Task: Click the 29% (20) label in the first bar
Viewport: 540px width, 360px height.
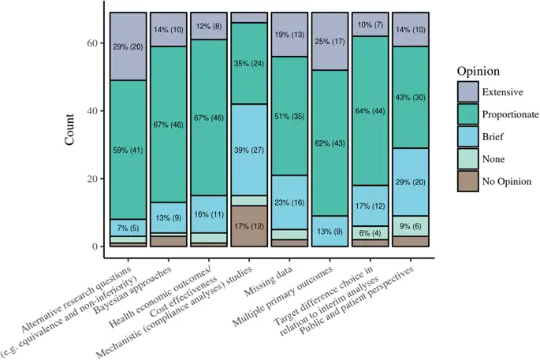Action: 128,46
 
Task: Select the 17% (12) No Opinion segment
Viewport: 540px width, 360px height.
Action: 249,226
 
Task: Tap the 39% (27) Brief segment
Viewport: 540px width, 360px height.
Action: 249,150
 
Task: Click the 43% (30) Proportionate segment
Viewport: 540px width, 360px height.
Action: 410,97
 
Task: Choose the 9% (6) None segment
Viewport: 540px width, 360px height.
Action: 410,226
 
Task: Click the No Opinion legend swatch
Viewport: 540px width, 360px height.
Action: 467,181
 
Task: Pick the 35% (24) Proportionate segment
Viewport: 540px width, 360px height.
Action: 249,63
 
